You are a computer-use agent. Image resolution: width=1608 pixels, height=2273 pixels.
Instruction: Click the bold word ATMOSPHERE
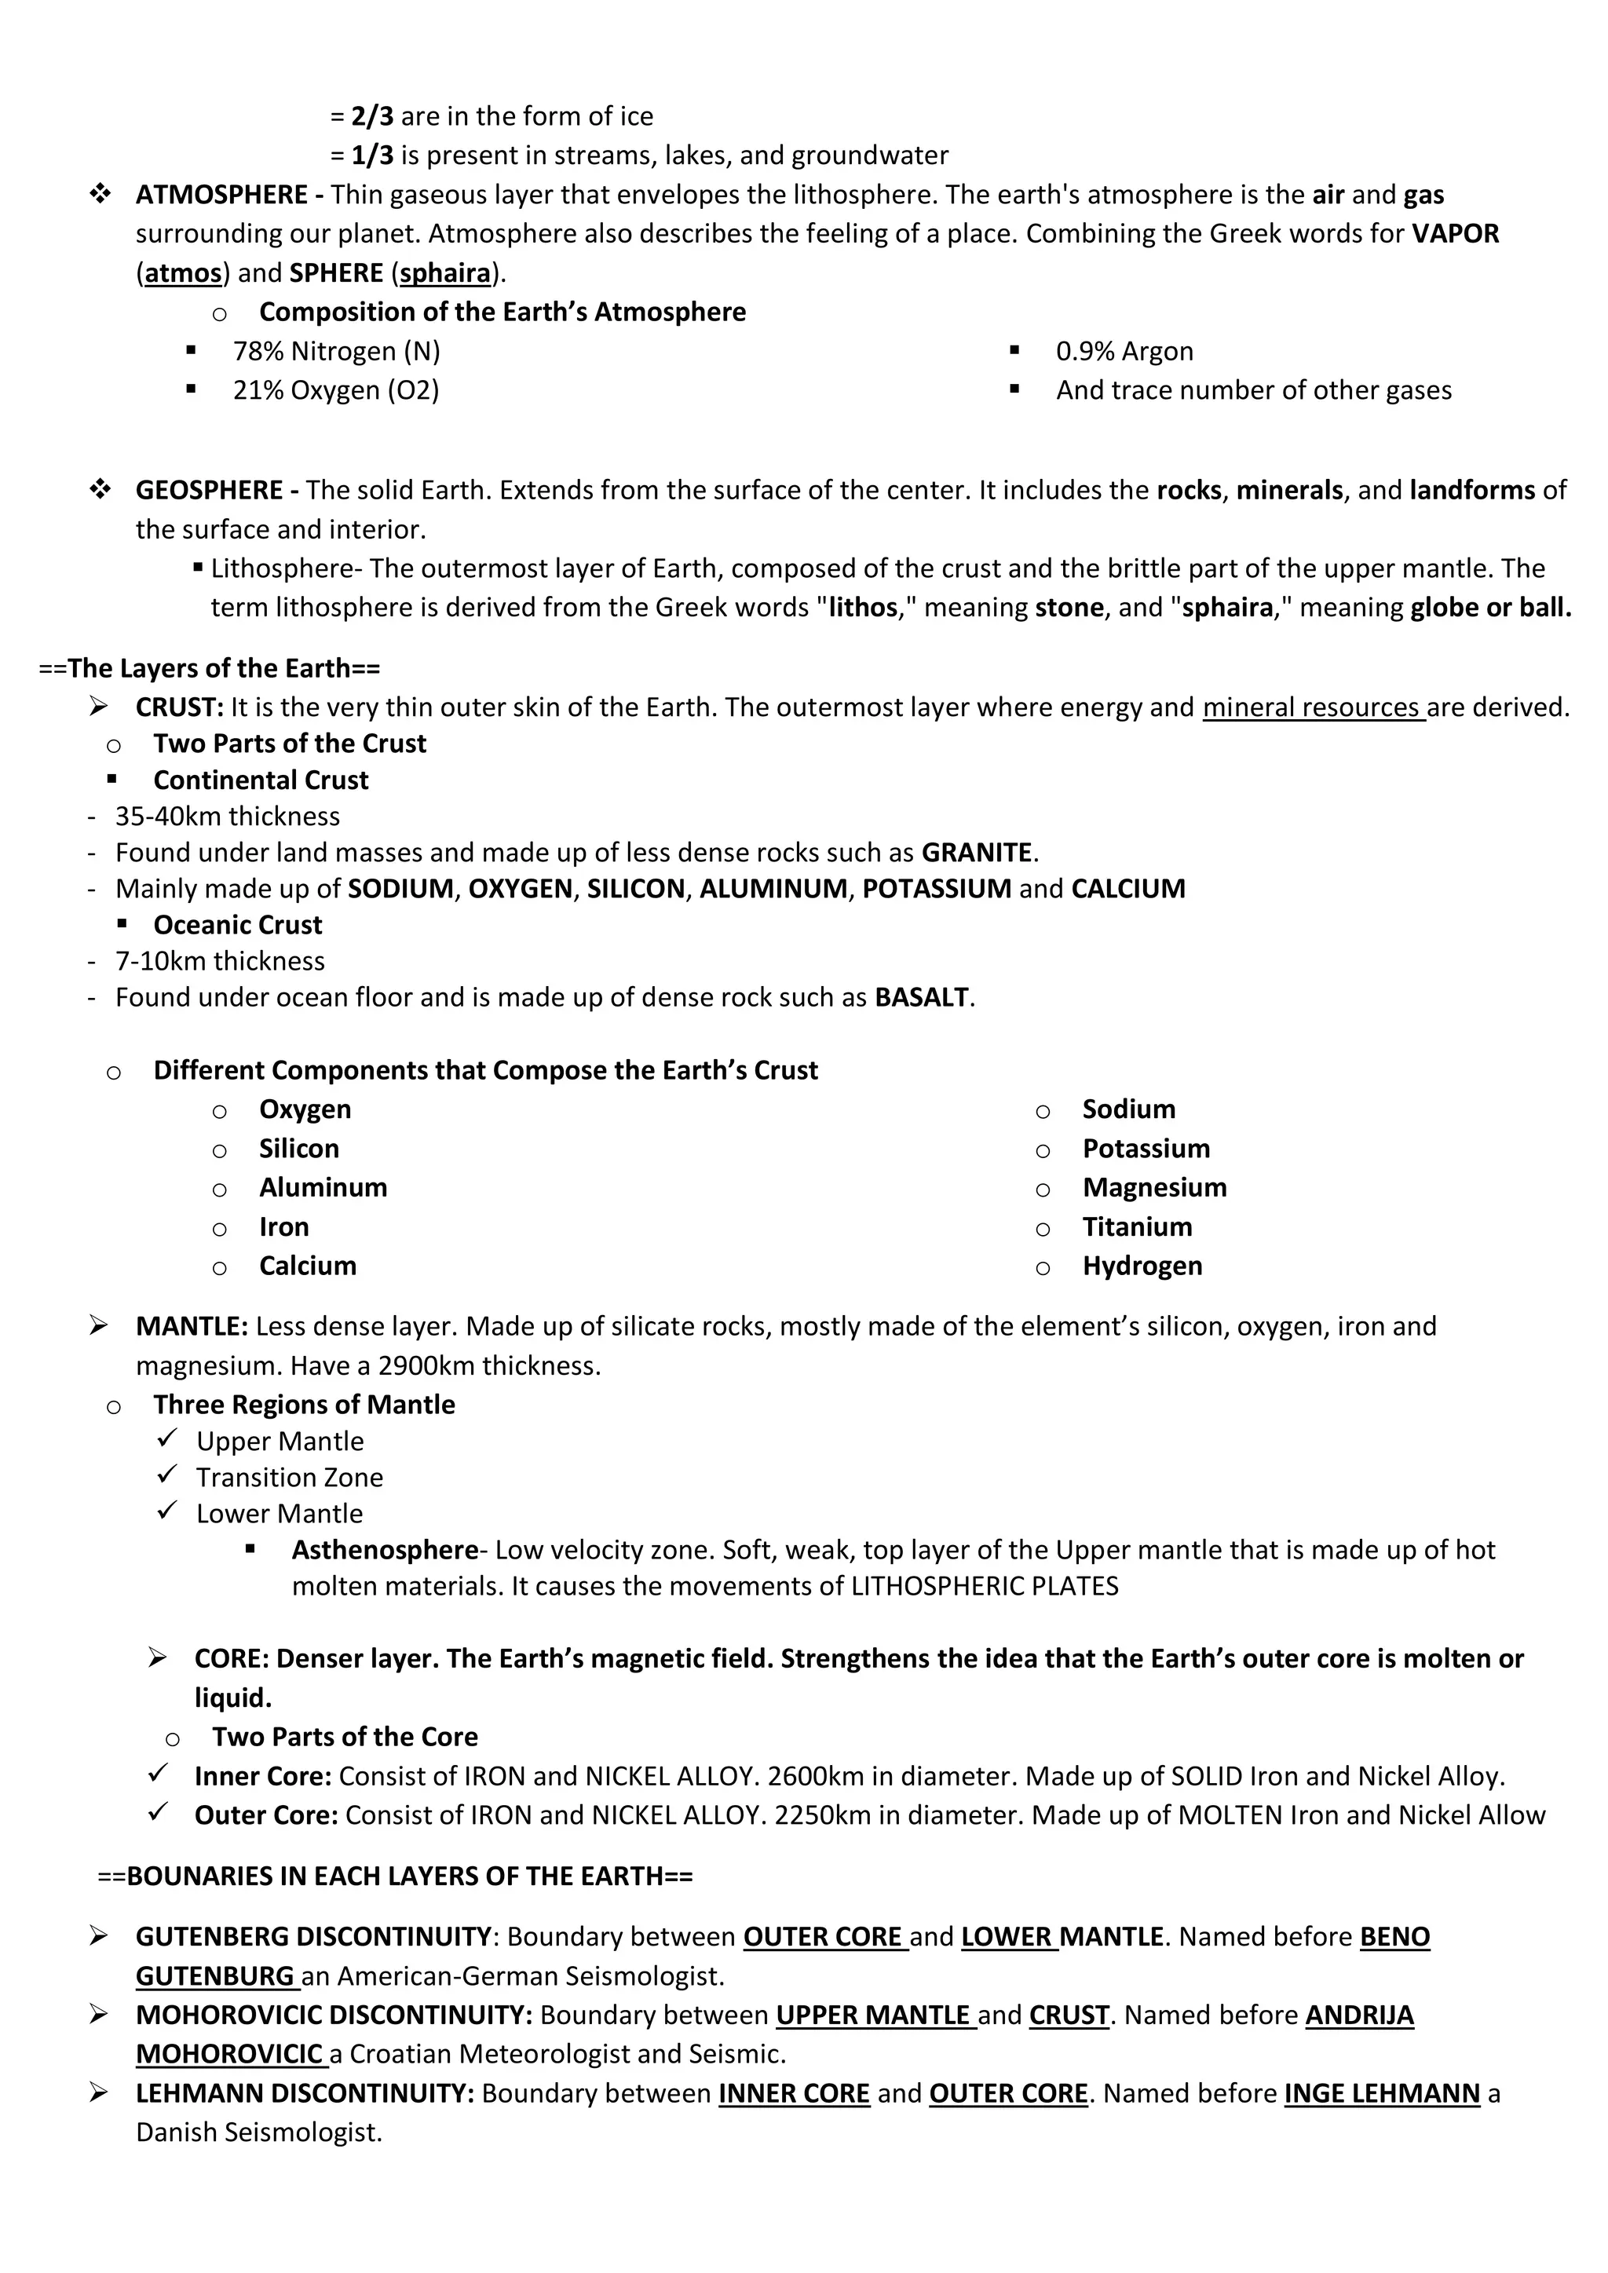pos(221,194)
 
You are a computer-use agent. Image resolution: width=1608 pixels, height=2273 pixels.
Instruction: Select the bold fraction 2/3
pos(372,116)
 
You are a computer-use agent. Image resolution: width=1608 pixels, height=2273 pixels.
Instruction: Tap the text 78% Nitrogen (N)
pos(337,352)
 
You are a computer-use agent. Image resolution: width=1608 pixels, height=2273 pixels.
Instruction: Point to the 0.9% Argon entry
pos(1124,352)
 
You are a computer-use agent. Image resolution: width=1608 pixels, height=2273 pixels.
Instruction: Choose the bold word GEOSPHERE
pos(209,490)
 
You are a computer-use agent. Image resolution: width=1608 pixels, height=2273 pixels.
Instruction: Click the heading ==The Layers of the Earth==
pos(209,668)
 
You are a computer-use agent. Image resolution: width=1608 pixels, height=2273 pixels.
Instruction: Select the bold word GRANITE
pos(976,853)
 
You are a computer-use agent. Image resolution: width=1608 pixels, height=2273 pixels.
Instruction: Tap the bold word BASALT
pos(921,997)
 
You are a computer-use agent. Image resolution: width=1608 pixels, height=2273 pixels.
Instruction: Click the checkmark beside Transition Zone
pos(167,1475)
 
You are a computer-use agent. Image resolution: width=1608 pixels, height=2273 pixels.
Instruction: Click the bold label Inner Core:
pos(262,1776)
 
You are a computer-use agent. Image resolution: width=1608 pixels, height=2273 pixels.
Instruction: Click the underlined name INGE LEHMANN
pos(1381,2093)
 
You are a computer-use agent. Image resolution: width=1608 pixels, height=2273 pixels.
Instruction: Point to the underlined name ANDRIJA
pos(1358,2015)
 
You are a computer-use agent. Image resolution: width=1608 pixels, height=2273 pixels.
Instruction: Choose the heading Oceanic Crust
pos(238,925)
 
